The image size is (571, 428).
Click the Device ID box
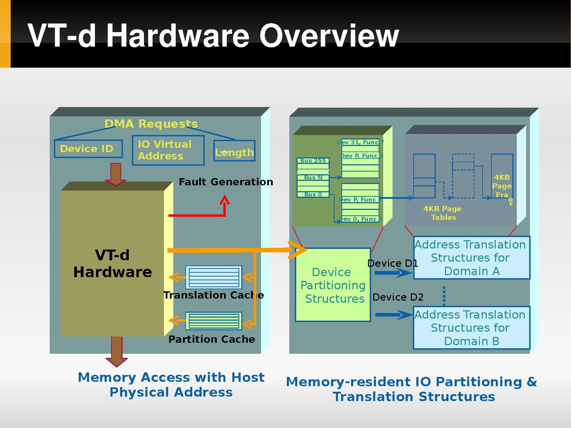88,149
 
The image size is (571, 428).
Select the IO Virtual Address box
168,150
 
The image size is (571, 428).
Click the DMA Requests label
151,124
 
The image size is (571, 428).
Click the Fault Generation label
226,182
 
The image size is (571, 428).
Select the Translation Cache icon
214,277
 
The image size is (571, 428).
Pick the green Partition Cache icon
214,321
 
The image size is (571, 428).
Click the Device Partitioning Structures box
333,285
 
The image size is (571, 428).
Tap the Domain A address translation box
471,258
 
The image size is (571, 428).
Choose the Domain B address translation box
471,328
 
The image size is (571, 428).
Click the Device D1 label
392,263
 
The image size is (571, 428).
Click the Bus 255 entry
313,161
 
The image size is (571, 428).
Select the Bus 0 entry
313,195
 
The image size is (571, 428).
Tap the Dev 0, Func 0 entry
360,219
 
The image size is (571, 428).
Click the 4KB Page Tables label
442,213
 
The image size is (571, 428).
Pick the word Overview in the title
329,36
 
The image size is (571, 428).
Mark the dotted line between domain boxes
444,296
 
